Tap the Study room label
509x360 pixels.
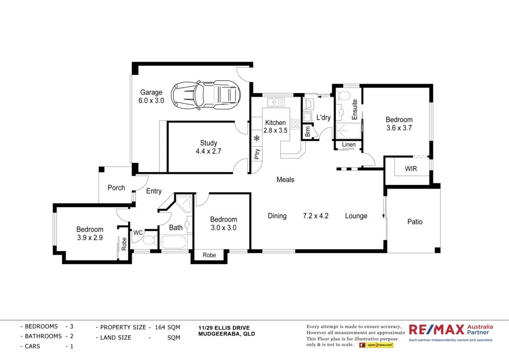(209, 147)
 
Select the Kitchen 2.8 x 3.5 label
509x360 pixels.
(275, 127)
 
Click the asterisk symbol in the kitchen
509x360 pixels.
(257, 138)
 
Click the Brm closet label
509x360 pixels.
(308, 132)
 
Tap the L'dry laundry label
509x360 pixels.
(324, 118)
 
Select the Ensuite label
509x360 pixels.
(355, 109)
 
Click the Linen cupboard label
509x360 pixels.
(349, 145)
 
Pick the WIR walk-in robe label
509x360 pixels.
(411, 169)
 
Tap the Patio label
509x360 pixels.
(415, 222)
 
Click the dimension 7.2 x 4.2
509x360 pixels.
(316, 216)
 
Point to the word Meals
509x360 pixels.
(285, 180)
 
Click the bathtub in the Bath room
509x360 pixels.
(172, 243)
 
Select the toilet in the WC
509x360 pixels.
(148, 242)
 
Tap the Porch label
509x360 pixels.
(116, 188)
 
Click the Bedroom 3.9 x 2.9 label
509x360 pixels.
(90, 234)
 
